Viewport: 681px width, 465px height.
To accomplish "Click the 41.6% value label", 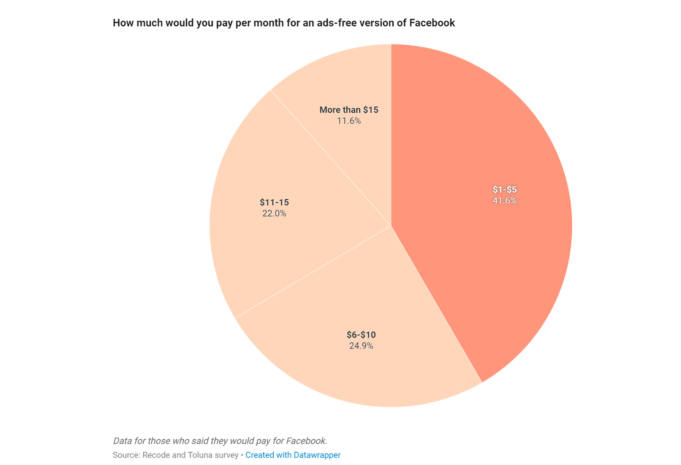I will (504, 201).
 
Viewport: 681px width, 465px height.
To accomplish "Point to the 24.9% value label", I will (361, 346).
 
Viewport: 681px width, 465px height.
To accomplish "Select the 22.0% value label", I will (274, 214).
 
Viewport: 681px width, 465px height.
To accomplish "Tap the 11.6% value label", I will (349, 121).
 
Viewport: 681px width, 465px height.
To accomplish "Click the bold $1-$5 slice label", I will (504, 190).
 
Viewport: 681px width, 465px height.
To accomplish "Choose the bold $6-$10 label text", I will (361, 335).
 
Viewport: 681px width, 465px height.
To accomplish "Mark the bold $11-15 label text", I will (274, 202).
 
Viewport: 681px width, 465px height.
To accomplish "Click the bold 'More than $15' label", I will (349, 110).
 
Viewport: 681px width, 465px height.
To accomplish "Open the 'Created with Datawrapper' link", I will (293, 455).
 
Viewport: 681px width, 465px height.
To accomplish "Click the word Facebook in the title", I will (432, 23).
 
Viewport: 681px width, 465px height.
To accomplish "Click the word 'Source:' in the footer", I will (126, 455).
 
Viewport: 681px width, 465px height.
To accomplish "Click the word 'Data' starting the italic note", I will (122, 441).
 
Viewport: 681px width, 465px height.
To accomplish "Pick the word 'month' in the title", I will (269, 23).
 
